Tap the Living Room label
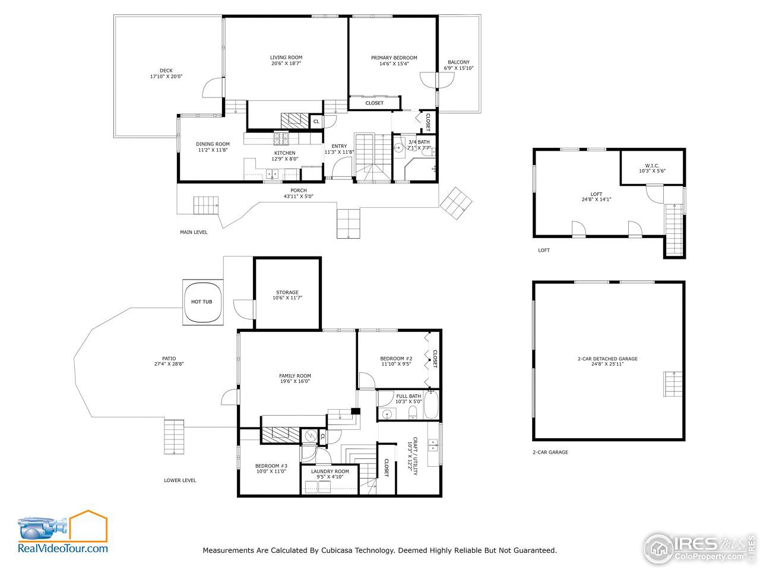pyautogui.click(x=286, y=58)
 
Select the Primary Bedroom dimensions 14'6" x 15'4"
pyautogui.click(x=394, y=64)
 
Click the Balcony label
pyautogui.click(x=458, y=62)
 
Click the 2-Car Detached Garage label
pyautogui.click(x=607, y=359)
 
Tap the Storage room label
pyautogui.click(x=287, y=292)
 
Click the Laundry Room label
pyautogui.click(x=330, y=471)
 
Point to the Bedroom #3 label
pyautogui.click(x=271, y=465)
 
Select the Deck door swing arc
pyautogui.click(x=212, y=88)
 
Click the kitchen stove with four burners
pyautogui.click(x=281, y=139)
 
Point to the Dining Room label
pyautogui.click(x=213, y=144)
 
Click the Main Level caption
pyautogui.click(x=194, y=232)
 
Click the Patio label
pyautogui.click(x=169, y=359)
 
